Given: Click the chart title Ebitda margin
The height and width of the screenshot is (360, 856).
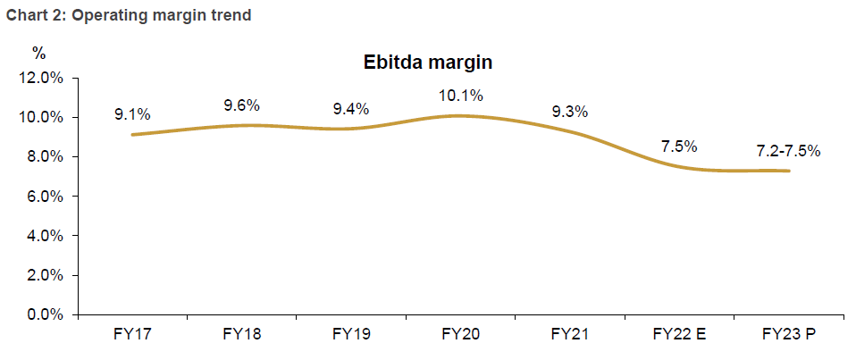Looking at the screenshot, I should coord(428,63).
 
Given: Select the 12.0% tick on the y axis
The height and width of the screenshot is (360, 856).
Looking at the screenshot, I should coord(40,79).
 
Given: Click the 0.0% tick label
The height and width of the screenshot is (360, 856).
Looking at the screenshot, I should coord(43,314).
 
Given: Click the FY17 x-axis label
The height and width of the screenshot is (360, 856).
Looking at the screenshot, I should coord(132,335).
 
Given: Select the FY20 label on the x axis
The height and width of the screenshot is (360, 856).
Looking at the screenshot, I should coord(460,335).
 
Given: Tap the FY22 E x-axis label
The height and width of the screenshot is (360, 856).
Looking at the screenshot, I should coord(679,335).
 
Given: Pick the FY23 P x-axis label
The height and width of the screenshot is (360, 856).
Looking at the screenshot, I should coord(789,335).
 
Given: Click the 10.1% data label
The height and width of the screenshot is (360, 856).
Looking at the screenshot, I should coord(460,96).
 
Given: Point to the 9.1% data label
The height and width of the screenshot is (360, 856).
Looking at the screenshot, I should coord(132,114).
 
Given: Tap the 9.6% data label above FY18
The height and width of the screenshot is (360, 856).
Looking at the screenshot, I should coord(241,105).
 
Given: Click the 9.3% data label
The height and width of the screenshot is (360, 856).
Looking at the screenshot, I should coord(570,112).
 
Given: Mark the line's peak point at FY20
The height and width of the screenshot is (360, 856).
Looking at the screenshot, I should coord(460,115).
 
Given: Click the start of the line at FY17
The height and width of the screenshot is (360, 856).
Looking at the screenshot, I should coord(132,135).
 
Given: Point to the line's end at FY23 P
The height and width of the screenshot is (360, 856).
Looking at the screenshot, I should coord(788,171).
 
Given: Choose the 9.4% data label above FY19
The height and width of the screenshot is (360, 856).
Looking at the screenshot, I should coord(350,109).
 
